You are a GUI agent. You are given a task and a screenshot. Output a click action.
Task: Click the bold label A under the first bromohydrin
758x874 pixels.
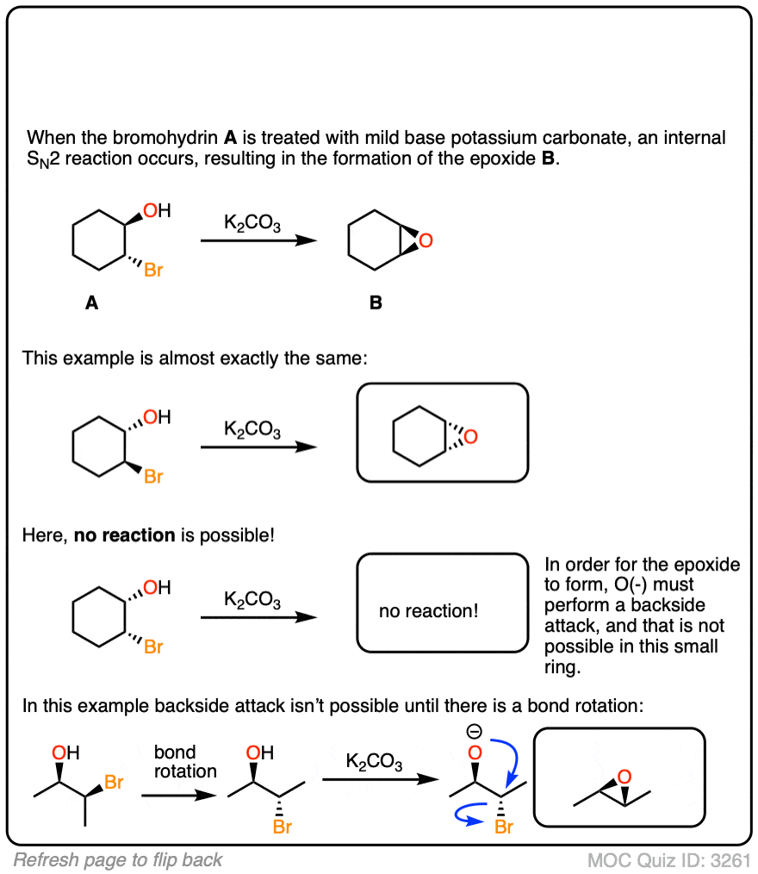pyautogui.click(x=91, y=303)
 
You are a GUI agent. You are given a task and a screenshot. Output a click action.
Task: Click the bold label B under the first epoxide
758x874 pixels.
pyautogui.click(x=376, y=303)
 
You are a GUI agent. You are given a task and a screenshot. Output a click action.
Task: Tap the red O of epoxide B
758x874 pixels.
pyautogui.click(x=426, y=240)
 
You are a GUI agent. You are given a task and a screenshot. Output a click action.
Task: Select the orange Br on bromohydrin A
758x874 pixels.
pyautogui.click(x=153, y=270)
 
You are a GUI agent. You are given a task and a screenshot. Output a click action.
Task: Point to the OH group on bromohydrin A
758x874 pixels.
pyautogui.click(x=157, y=210)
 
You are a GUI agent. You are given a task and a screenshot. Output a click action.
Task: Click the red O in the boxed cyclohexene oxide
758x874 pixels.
pyautogui.click(x=470, y=436)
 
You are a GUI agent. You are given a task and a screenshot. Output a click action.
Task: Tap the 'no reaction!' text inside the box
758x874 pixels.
pyautogui.click(x=428, y=611)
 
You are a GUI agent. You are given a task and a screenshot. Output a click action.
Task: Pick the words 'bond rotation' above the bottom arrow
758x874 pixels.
pyautogui.click(x=185, y=761)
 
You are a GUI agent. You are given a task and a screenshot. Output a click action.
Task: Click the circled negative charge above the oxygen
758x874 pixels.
pyautogui.click(x=474, y=731)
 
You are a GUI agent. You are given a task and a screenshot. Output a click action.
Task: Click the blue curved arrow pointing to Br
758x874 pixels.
pyautogui.click(x=468, y=815)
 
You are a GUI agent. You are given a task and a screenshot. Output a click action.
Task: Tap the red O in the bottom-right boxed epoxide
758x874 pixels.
pyautogui.click(x=624, y=777)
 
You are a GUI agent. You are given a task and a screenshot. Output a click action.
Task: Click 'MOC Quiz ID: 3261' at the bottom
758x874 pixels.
pyautogui.click(x=669, y=860)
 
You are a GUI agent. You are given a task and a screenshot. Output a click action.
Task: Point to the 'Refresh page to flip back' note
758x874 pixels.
pyautogui.click(x=117, y=860)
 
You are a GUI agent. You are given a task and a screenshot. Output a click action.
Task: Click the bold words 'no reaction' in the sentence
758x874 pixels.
pyautogui.click(x=125, y=535)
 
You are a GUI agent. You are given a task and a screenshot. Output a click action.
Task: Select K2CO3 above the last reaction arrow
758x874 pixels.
pyautogui.click(x=374, y=761)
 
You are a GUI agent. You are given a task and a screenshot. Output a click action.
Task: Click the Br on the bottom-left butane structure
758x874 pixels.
pyautogui.click(x=114, y=782)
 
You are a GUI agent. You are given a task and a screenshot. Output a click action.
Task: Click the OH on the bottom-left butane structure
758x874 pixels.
pyautogui.click(x=65, y=752)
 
